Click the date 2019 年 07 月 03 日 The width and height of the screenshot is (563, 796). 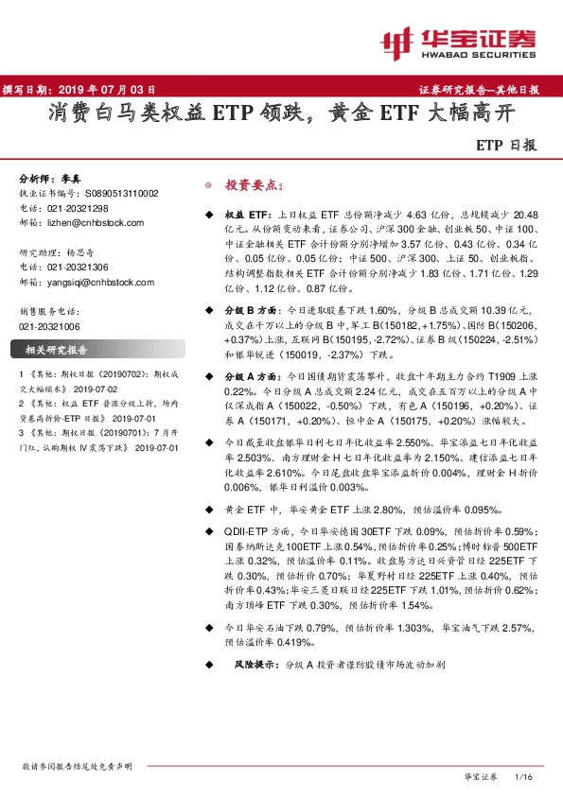pyautogui.click(x=112, y=90)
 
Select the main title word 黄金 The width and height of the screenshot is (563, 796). pyautogui.click(x=350, y=115)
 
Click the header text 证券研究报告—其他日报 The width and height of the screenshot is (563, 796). pyautogui.click(x=478, y=90)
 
